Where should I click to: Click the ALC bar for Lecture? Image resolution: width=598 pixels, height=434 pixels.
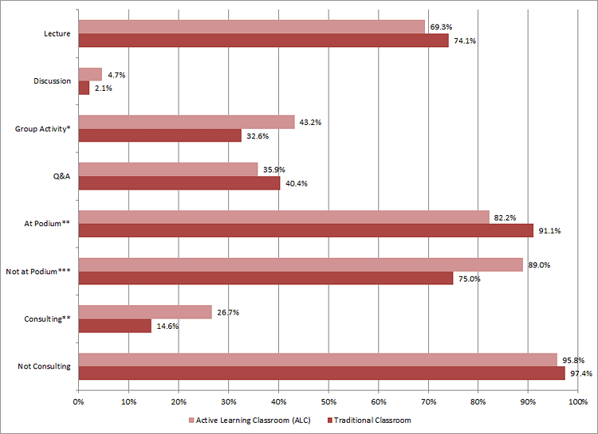click(x=252, y=27)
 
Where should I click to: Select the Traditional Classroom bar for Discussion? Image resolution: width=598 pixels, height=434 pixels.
click(x=84, y=88)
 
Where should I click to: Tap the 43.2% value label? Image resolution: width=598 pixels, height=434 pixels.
click(x=308, y=122)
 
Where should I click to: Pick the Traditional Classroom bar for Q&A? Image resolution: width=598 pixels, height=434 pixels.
click(x=179, y=183)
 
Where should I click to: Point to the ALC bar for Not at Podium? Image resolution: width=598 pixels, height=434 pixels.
click(x=301, y=264)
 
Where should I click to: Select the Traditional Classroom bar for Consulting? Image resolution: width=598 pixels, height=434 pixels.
click(x=115, y=326)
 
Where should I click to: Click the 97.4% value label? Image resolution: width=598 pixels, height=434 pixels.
click(x=578, y=373)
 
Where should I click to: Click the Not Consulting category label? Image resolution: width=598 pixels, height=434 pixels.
click(x=44, y=366)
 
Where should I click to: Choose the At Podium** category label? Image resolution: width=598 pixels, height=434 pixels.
click(x=47, y=224)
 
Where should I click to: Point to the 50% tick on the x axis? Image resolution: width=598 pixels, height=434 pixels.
click(x=329, y=401)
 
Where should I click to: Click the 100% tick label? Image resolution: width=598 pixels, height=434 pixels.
click(x=577, y=401)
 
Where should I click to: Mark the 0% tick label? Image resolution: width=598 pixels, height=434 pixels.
click(x=78, y=401)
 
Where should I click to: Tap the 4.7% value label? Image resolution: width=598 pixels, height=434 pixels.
click(x=116, y=75)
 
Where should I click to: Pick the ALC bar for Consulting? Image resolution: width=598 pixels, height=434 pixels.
click(x=145, y=312)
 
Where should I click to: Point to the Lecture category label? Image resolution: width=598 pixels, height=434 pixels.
click(x=57, y=33)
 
